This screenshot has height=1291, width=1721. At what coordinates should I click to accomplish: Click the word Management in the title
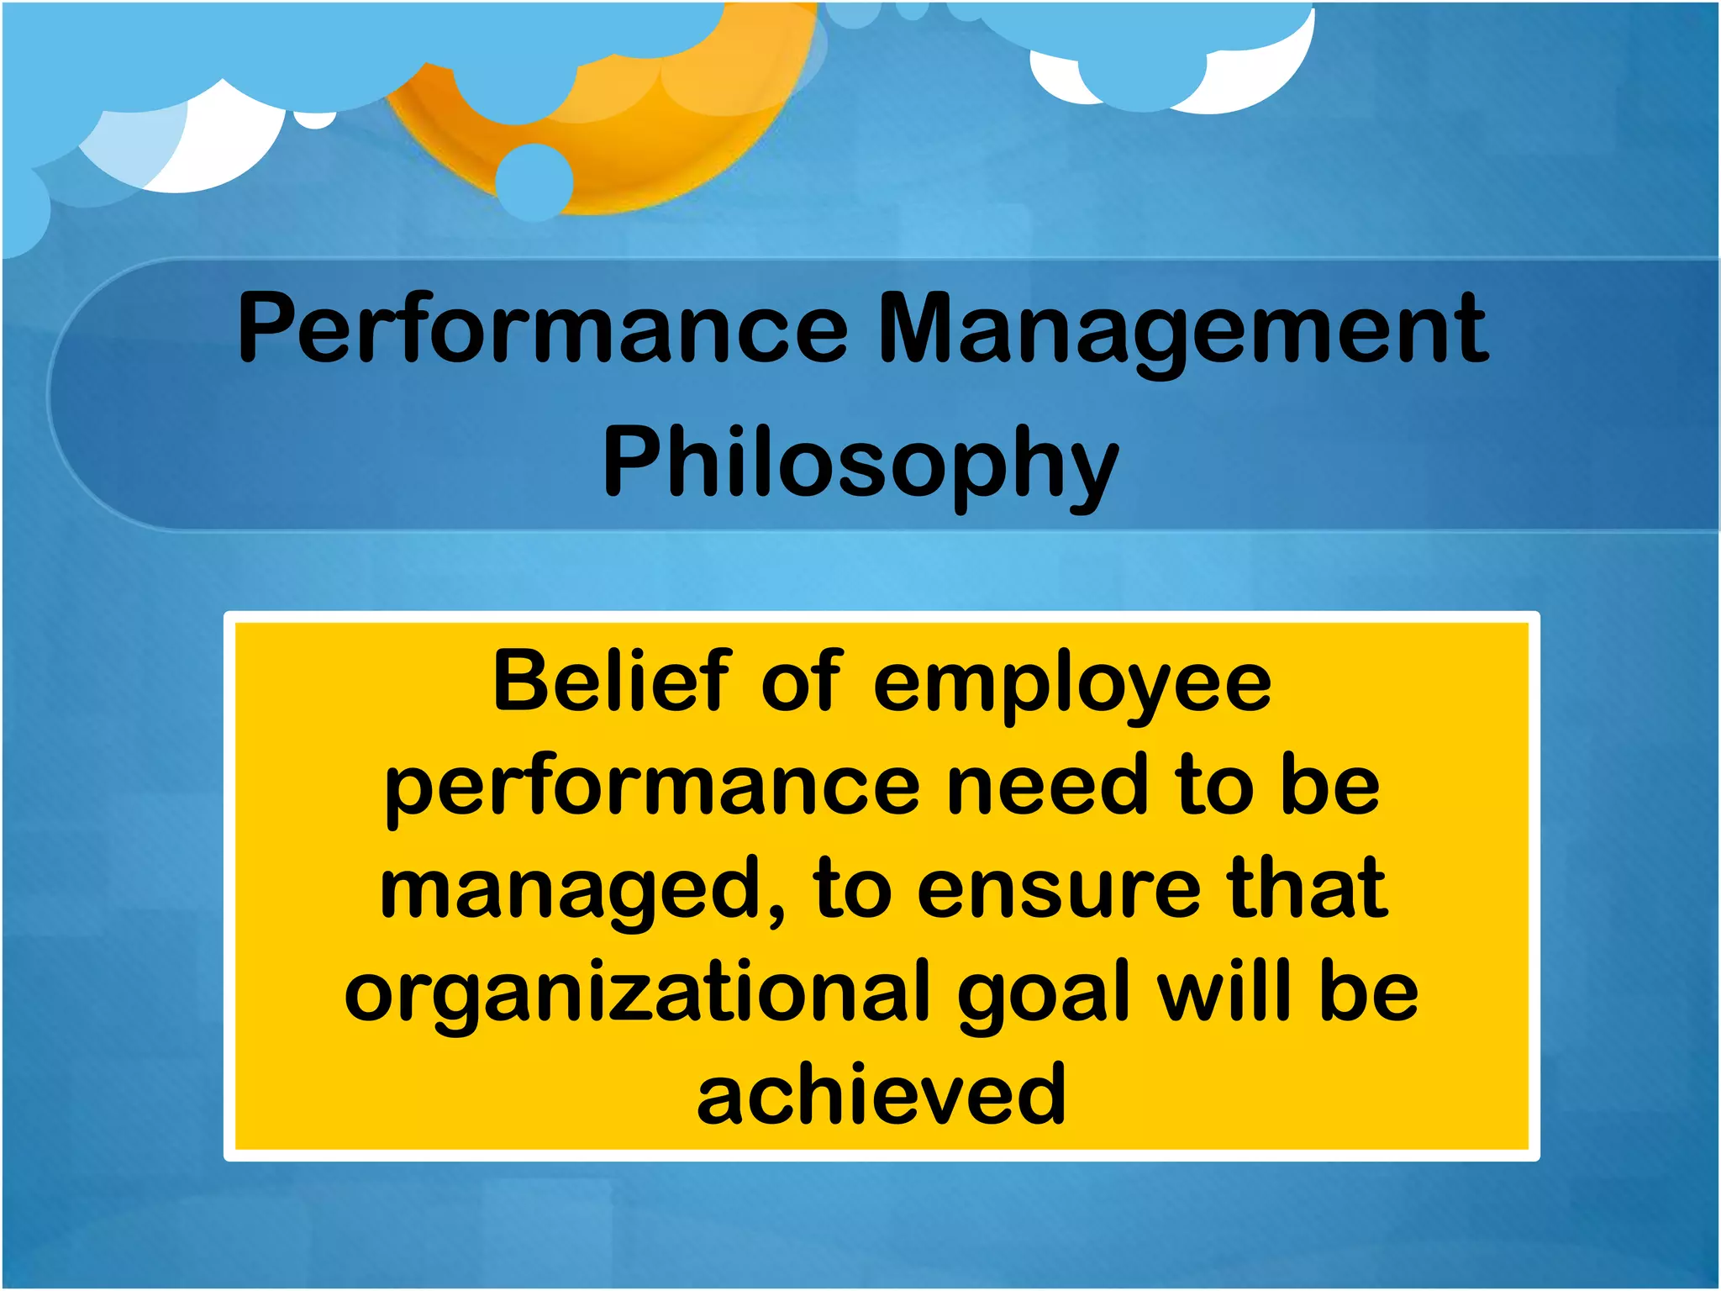coord(1183,329)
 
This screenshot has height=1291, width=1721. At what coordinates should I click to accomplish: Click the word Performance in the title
coord(543,329)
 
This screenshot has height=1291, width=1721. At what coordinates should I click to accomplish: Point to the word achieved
coord(882,1093)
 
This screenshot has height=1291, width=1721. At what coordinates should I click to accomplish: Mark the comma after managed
coord(775,912)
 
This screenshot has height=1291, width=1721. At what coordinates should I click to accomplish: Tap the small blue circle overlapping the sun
coord(534,182)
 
